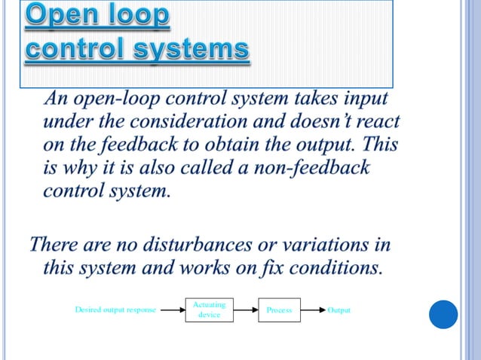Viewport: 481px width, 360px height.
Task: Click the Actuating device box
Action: tap(209, 310)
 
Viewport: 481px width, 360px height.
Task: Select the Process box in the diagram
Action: tap(278, 310)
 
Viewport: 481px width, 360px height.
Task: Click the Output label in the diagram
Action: tap(339, 310)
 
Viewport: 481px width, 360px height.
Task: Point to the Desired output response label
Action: tap(115, 310)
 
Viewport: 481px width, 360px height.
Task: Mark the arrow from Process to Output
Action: tap(312, 310)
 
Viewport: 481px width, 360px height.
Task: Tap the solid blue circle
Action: tap(443, 314)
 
